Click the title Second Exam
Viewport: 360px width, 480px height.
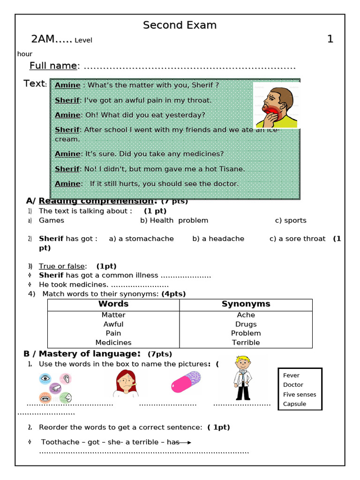(x=180, y=25)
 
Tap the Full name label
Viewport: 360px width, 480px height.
(x=53, y=66)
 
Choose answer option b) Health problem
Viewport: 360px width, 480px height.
(x=174, y=220)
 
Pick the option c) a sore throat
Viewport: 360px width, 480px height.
(x=297, y=239)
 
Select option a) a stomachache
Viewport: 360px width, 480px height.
(x=141, y=239)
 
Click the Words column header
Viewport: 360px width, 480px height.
(x=113, y=304)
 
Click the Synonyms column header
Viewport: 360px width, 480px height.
(x=246, y=304)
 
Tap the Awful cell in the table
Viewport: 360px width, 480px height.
(x=113, y=324)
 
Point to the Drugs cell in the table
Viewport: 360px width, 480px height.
(x=246, y=324)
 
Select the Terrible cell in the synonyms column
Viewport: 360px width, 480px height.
(x=246, y=342)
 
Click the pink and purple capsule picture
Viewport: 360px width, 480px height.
(x=186, y=382)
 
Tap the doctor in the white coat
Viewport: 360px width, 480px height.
(x=243, y=378)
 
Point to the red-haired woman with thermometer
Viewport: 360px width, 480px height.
(x=125, y=383)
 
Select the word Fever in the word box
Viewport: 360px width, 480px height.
(x=291, y=375)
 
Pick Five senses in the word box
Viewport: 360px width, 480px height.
(x=300, y=394)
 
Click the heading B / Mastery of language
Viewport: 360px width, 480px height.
(x=82, y=353)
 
